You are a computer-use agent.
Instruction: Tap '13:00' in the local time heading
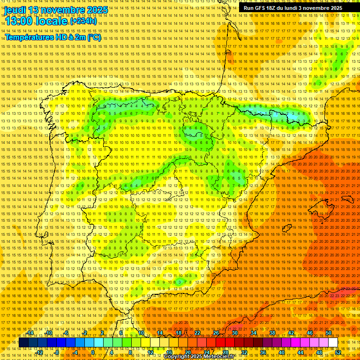(x=19, y=21)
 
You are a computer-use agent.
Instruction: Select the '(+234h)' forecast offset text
(x=83, y=21)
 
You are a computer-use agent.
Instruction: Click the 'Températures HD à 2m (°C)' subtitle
(x=53, y=37)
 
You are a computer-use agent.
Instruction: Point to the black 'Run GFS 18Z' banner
(x=292, y=8)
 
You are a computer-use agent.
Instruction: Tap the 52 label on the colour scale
(x=338, y=352)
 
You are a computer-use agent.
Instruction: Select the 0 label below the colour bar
(x=93, y=352)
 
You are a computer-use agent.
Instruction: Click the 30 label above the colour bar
(x=235, y=333)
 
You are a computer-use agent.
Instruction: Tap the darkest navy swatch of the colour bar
(x=23, y=343)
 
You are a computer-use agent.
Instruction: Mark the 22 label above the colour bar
(x=197, y=333)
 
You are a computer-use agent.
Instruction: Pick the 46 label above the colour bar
(x=310, y=333)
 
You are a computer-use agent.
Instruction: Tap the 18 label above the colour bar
(x=178, y=333)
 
